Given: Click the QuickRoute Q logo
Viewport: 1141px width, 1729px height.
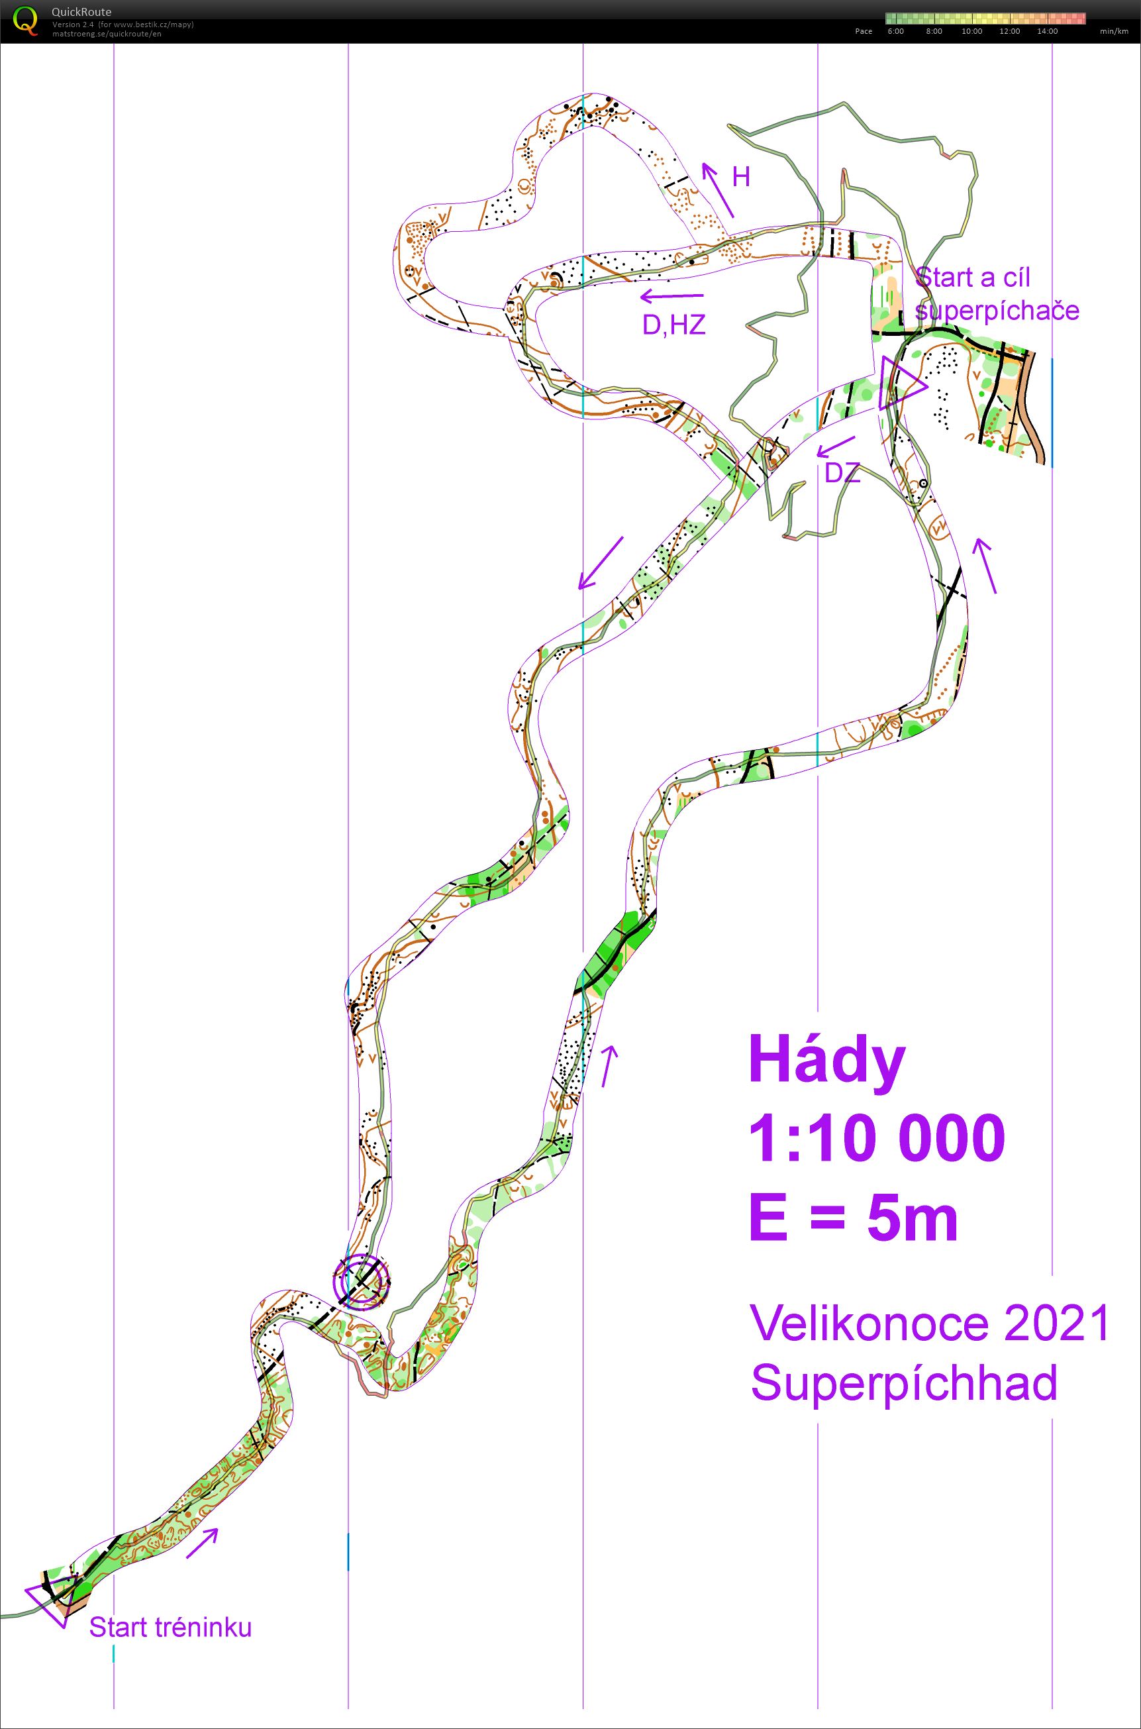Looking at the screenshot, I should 25,20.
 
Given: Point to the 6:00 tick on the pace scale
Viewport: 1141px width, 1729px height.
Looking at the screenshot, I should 895,31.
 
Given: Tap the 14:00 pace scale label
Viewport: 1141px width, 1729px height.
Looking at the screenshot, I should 1047,31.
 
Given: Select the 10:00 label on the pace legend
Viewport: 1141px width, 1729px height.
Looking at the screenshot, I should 971,31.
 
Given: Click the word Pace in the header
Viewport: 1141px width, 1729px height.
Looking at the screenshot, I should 864,31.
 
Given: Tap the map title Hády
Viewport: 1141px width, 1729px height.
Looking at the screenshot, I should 827,1062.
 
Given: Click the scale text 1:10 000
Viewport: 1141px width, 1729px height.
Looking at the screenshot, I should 877,1138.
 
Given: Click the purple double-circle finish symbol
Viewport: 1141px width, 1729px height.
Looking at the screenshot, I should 362,1294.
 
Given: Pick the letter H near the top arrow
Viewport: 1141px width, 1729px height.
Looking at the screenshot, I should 741,177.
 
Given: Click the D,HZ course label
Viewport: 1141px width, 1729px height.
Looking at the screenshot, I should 674,325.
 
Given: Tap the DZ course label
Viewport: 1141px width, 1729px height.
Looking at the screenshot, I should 842,474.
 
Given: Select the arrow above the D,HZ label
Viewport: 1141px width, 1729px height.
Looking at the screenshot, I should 671,296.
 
